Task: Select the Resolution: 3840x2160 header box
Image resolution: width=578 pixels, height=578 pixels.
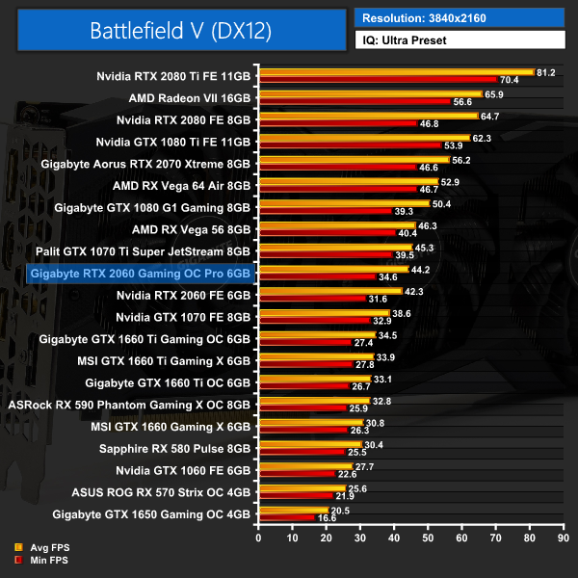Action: tap(460, 16)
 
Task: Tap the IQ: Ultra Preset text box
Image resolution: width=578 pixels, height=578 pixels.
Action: tap(460, 40)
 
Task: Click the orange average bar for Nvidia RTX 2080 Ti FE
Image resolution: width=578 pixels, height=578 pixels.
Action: tap(395, 71)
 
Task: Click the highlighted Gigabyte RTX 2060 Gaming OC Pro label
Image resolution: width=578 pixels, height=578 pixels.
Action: tap(141, 274)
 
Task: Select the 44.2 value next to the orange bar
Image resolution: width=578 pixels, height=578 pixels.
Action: tap(420, 270)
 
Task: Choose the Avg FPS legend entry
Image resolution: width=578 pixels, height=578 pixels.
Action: tap(39, 547)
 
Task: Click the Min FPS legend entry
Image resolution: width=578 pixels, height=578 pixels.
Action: tap(39, 559)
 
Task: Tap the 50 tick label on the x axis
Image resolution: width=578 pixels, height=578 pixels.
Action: tap(429, 539)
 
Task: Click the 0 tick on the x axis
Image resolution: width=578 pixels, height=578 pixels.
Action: tap(258, 539)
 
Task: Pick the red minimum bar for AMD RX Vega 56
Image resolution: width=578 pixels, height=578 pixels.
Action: tap(327, 232)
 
